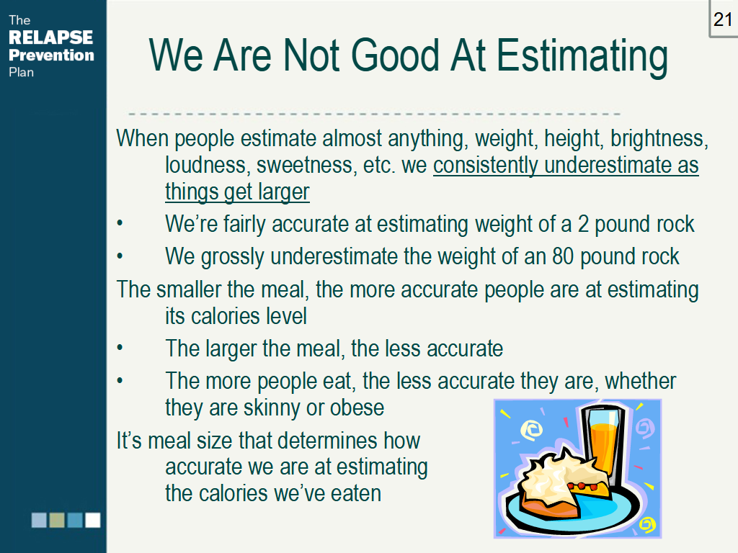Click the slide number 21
click(723, 19)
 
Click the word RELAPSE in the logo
click(51, 37)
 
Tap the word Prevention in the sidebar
click(51, 55)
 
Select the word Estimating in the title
click(582, 58)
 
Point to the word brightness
click(659, 139)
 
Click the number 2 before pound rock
click(583, 225)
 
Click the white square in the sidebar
click(93, 520)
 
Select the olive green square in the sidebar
click(57, 520)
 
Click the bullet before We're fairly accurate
click(120, 223)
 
